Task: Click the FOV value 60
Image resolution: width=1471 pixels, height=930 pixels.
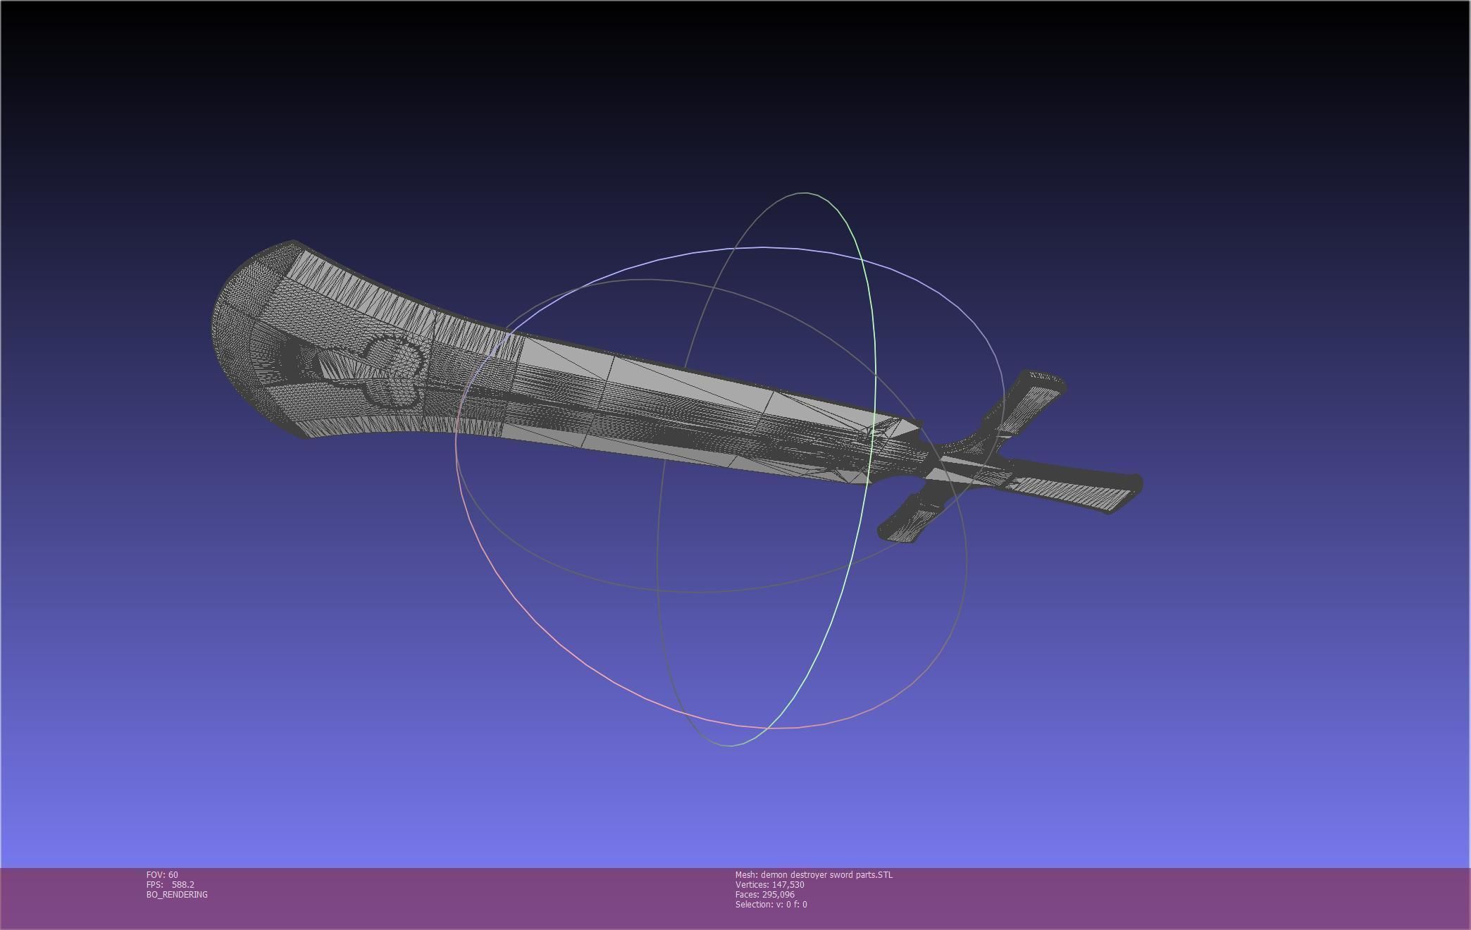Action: click(x=173, y=875)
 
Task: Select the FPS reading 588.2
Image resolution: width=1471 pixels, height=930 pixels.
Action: click(x=183, y=885)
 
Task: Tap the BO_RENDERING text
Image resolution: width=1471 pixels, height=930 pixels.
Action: click(x=177, y=895)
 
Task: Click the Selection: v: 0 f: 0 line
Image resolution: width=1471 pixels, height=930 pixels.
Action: click(x=771, y=905)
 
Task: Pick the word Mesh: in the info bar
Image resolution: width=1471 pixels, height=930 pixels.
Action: click(x=746, y=875)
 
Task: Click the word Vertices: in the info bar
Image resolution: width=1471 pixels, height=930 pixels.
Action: click(x=752, y=885)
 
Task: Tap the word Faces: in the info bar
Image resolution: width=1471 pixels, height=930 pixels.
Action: click(x=747, y=895)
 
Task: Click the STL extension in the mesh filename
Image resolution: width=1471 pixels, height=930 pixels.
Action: click(x=884, y=875)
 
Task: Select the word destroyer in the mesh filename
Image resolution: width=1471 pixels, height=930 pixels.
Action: click(x=809, y=875)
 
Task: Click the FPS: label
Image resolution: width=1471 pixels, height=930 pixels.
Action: click(x=155, y=885)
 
